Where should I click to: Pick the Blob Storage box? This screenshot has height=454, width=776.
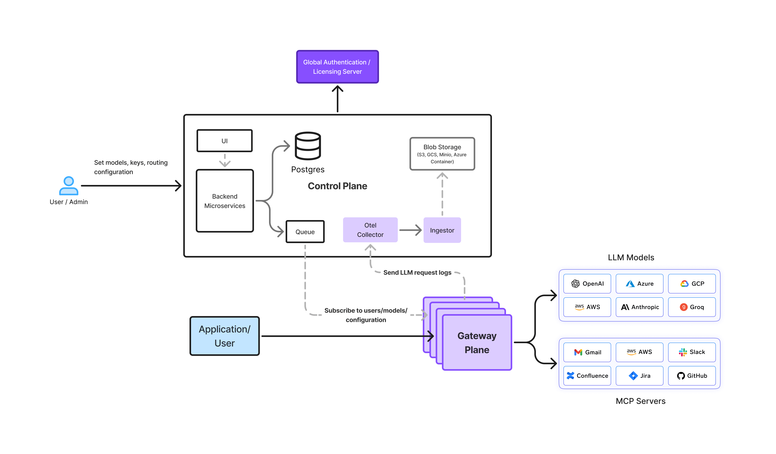[x=442, y=154]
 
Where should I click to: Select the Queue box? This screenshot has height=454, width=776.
[x=305, y=232]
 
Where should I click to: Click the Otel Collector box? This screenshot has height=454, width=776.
[x=370, y=230]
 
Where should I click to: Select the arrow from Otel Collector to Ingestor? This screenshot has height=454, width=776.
[x=410, y=230]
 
